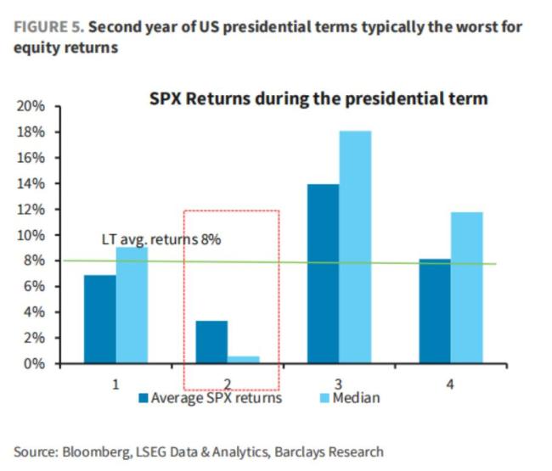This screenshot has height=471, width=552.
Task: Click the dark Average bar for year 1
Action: tap(100, 320)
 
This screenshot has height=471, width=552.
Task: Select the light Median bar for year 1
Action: tap(132, 306)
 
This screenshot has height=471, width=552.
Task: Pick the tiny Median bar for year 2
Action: tap(243, 360)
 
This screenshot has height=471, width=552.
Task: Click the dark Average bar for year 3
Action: tap(323, 274)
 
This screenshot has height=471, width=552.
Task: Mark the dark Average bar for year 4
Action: tap(434, 311)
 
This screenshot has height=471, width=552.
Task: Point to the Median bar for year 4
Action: tap(465, 288)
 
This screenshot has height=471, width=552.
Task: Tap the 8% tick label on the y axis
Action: tap(35, 261)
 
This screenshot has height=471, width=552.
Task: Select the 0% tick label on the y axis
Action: tap(35, 364)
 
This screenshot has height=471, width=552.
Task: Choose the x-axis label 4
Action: tap(450, 384)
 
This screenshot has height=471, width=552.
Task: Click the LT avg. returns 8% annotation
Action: tap(161, 239)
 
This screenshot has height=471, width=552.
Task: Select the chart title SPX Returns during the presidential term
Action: tap(317, 99)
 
